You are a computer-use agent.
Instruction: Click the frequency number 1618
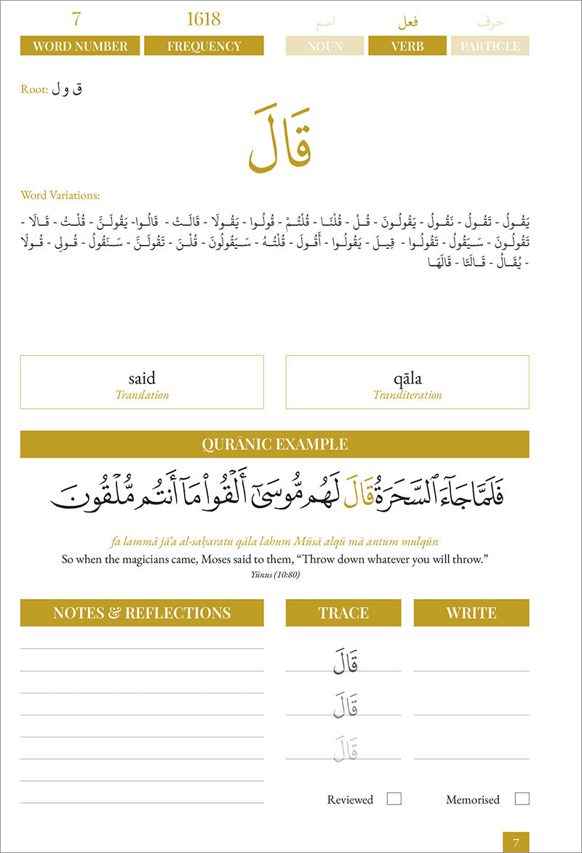[x=204, y=19]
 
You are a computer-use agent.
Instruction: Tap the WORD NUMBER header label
[x=79, y=46]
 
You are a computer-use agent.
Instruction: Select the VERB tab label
[x=407, y=46]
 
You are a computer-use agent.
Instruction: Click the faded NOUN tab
[x=324, y=46]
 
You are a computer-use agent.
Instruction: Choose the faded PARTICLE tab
[x=490, y=46]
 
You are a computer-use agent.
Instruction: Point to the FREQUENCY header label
[x=204, y=46]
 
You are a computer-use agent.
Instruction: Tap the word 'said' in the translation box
[x=142, y=378]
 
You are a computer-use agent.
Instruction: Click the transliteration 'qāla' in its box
[x=407, y=378]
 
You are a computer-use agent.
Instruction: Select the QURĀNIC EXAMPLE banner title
[x=274, y=444]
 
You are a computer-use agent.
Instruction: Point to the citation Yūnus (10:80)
[x=274, y=574]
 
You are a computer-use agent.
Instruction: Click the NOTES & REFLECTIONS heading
[x=142, y=613]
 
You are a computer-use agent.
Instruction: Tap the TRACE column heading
[x=343, y=613]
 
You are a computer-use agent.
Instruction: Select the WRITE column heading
[x=471, y=613]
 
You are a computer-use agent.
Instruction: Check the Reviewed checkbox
[x=394, y=798]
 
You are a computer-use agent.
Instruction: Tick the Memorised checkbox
[x=522, y=798]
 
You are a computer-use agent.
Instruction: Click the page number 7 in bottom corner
[x=516, y=843]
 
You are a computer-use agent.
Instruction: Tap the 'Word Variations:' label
[x=60, y=195]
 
